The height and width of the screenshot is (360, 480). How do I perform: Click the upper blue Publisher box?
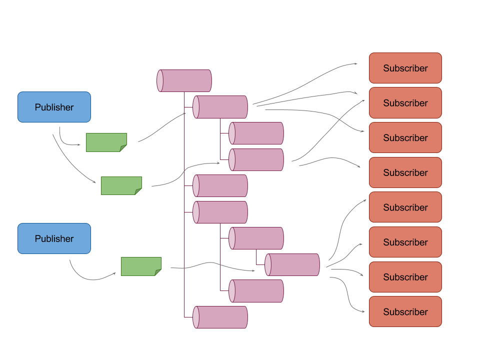54,107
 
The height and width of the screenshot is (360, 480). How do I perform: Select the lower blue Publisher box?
54,238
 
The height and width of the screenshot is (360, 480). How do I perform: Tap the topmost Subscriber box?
405,68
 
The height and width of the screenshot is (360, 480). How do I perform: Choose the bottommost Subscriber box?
405,311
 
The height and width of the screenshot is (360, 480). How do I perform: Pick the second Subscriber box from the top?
405,103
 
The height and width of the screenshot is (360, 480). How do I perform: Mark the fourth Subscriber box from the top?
405,172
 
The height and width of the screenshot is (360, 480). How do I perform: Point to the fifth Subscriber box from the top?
405,207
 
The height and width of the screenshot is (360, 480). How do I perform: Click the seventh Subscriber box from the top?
405,276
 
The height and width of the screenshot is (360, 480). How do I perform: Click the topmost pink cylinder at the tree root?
184,80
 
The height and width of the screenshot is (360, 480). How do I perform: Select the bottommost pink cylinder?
220,317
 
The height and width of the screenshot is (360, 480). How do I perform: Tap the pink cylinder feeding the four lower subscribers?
292,264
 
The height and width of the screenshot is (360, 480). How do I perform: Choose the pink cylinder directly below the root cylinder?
220,107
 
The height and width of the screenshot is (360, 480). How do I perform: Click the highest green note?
106,142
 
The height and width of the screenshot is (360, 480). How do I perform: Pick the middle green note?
121,185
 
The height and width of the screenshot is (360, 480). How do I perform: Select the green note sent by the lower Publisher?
141,266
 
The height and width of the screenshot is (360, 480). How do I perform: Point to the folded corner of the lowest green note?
158,272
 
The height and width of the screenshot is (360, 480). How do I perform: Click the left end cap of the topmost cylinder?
160,80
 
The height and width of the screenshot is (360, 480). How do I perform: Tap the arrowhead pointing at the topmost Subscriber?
355,63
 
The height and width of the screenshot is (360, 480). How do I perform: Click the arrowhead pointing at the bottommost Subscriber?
362,311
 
